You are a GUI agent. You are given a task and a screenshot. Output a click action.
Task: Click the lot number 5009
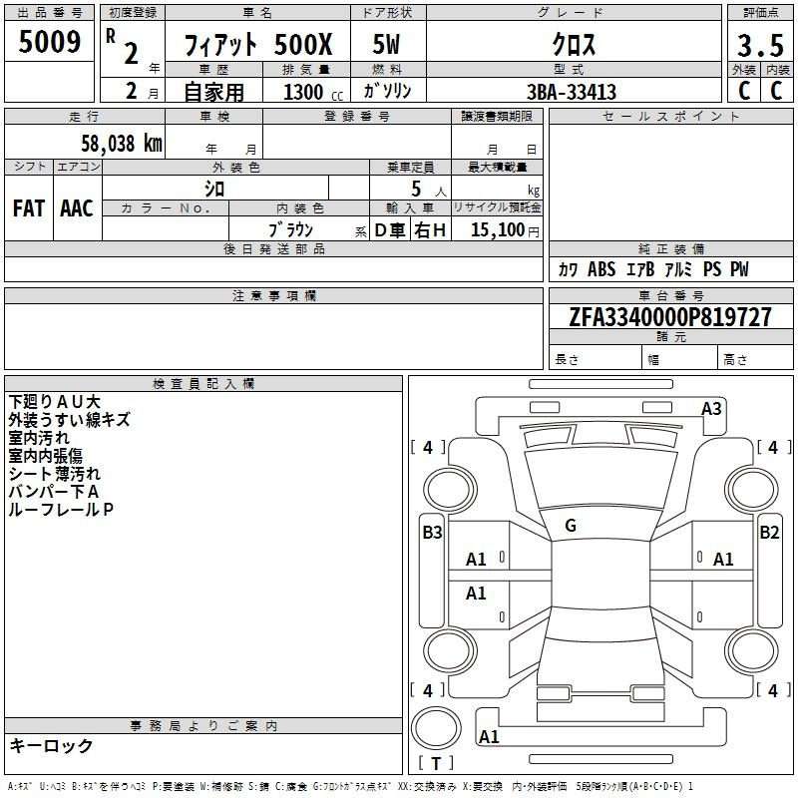point(49,41)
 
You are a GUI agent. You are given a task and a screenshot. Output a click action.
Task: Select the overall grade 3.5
point(760,45)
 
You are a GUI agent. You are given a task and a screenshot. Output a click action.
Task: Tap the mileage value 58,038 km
point(122,144)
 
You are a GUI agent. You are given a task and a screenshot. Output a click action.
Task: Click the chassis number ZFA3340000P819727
point(670,317)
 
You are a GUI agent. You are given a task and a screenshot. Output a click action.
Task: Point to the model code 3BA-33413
point(571,92)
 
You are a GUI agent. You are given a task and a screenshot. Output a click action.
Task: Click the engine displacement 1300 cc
point(313,92)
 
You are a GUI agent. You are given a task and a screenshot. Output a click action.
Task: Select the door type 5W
point(386,44)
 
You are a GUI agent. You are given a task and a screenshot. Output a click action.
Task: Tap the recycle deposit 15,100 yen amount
point(505,230)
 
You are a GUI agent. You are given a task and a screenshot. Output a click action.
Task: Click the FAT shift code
point(29,208)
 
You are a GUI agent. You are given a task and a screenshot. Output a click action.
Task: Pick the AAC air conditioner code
point(77,208)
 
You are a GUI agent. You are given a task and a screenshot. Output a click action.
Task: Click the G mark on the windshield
point(571,526)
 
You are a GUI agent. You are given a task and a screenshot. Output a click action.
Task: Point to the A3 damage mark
point(711,409)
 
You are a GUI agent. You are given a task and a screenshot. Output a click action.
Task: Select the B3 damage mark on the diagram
point(432,533)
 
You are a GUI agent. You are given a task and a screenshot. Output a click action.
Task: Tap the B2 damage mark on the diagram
point(769,533)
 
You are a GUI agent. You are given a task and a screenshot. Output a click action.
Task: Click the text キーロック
point(51,745)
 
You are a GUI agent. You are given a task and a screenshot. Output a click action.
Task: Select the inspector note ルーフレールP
point(61,510)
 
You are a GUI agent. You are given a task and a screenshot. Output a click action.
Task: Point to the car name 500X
point(303,44)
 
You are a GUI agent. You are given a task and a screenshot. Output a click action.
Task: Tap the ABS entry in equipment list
point(601,269)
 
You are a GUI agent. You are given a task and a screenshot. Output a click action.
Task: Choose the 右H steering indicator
point(430,230)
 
